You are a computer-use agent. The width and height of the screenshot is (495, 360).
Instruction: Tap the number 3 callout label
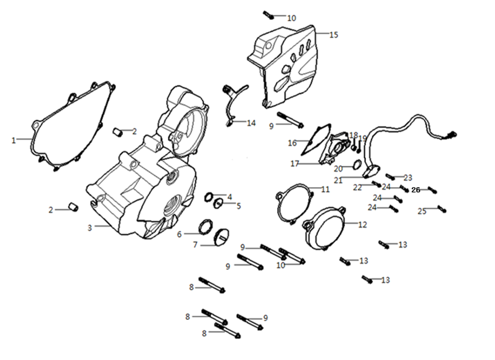(89, 228)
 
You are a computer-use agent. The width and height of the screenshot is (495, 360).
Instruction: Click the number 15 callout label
(334, 35)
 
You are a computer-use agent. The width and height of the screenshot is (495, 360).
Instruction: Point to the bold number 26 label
(415, 190)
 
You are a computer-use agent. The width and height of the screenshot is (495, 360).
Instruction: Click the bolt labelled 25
(441, 209)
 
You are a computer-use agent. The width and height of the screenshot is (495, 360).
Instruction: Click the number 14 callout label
(251, 123)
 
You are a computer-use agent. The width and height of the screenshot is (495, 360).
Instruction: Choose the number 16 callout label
(293, 143)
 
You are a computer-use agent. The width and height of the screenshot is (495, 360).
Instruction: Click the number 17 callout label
(295, 164)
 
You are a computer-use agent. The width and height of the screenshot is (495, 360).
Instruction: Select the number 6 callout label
(180, 234)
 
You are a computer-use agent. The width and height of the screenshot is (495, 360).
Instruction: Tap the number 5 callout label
(238, 205)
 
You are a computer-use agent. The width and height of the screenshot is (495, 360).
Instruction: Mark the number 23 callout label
(408, 177)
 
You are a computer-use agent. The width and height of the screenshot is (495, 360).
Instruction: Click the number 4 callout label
(230, 196)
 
